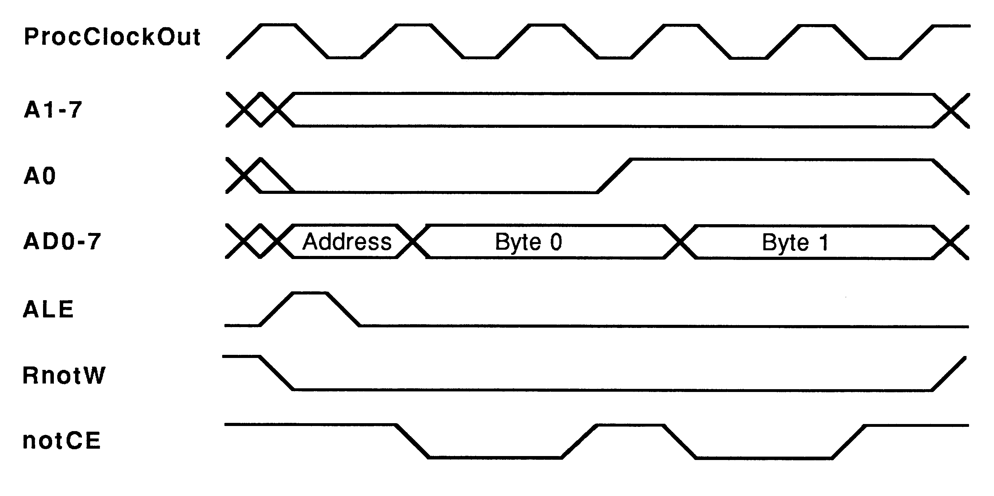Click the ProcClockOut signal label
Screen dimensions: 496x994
pos(112,37)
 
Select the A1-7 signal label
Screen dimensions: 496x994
pos(53,110)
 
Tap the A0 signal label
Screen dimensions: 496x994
pos(40,176)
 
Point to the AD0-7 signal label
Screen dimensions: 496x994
pos(62,242)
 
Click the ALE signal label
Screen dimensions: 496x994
pos(48,310)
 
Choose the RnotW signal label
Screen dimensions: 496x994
pos(64,375)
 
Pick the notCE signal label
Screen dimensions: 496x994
pos(62,441)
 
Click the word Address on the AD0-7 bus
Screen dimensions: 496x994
pos(347,242)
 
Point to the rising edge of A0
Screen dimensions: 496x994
pos(614,176)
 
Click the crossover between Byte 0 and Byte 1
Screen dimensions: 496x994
pos(680,242)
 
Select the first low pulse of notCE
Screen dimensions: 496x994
pos(495,458)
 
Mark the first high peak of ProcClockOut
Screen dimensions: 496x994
pos(279,25)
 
